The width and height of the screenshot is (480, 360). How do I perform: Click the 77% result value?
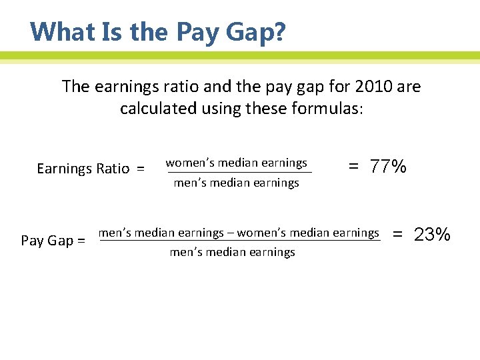click(x=389, y=167)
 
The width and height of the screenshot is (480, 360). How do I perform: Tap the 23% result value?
click(x=433, y=235)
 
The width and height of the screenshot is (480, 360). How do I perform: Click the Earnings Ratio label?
click(x=83, y=169)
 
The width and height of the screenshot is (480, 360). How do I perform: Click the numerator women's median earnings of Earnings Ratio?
click(x=236, y=163)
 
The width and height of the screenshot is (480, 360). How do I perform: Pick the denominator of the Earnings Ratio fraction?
click(x=236, y=183)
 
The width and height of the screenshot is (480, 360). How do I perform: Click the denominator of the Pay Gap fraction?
click(x=232, y=252)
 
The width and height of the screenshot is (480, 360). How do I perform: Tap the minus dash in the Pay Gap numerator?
click(x=231, y=233)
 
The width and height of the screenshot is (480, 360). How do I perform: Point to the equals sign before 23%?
click(x=398, y=235)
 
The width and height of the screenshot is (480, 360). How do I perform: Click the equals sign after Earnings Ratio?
click(x=140, y=169)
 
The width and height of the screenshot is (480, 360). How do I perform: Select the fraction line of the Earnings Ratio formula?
click(x=238, y=173)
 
